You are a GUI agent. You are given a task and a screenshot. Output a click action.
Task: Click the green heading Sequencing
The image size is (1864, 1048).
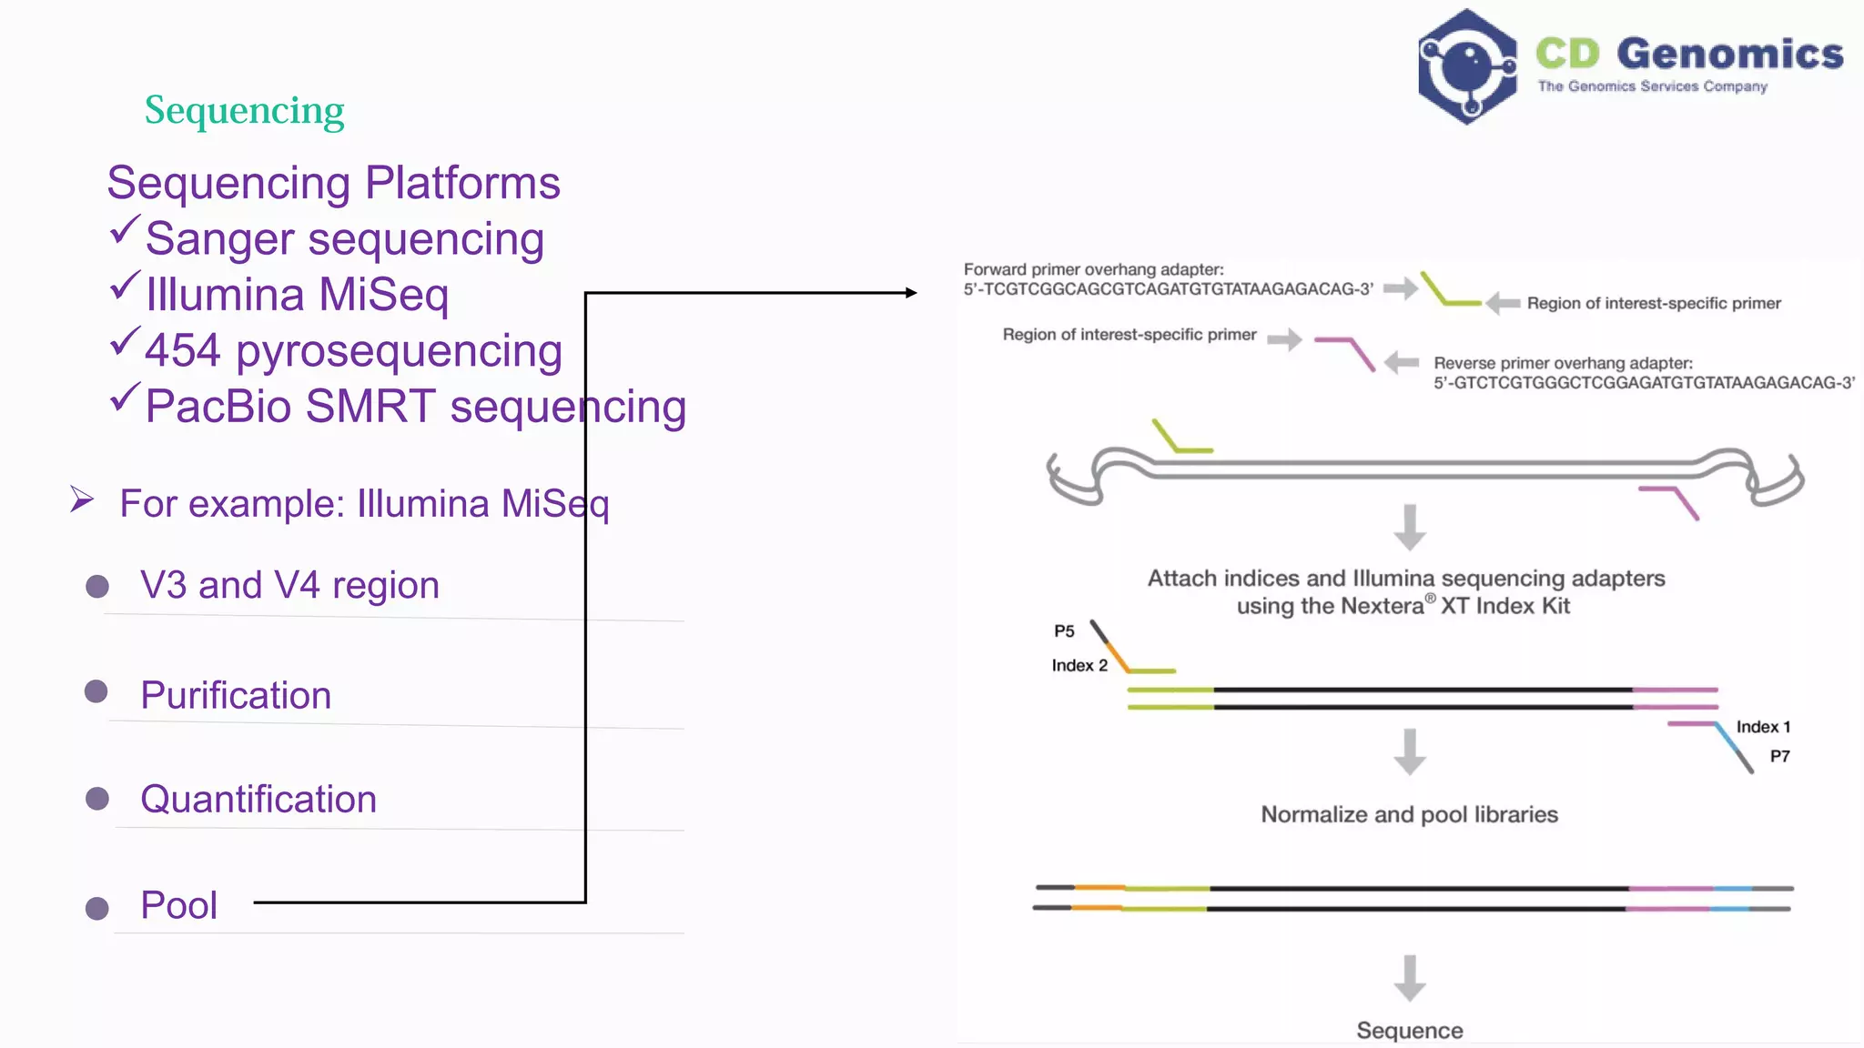(244, 111)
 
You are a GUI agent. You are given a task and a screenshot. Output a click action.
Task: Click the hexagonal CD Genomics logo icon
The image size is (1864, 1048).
(1466, 66)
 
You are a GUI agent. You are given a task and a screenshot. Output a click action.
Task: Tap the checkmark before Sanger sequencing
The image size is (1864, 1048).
(125, 230)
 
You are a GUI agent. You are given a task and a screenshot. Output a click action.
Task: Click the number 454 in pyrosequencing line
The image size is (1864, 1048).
(182, 350)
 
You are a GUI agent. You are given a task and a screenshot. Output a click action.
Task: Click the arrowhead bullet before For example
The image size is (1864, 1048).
(82, 499)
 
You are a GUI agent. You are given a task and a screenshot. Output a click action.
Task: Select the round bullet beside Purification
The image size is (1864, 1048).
(96, 692)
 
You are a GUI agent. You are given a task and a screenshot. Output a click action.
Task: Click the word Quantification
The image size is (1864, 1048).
(258, 799)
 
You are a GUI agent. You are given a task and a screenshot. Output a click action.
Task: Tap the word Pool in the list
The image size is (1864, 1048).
(178, 905)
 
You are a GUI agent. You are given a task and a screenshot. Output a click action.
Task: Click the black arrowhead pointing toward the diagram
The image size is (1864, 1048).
(910, 293)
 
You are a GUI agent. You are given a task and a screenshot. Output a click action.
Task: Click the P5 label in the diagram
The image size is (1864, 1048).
(1064, 631)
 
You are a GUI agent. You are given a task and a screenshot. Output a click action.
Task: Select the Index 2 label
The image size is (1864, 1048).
(1079, 666)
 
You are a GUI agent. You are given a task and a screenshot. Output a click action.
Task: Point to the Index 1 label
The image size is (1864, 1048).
(1763, 727)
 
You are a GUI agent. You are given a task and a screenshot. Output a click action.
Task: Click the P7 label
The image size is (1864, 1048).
(1779, 756)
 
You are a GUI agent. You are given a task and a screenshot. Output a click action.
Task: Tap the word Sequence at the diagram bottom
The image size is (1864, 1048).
(1409, 1030)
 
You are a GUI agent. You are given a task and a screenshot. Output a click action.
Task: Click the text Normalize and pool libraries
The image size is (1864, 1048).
(1409, 814)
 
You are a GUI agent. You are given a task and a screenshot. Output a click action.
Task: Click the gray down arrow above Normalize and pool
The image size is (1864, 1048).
(1409, 751)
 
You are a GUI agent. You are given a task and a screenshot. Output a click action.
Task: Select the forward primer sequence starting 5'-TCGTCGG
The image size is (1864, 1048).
(1168, 289)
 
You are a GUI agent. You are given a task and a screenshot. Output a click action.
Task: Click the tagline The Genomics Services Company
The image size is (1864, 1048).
(1652, 86)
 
